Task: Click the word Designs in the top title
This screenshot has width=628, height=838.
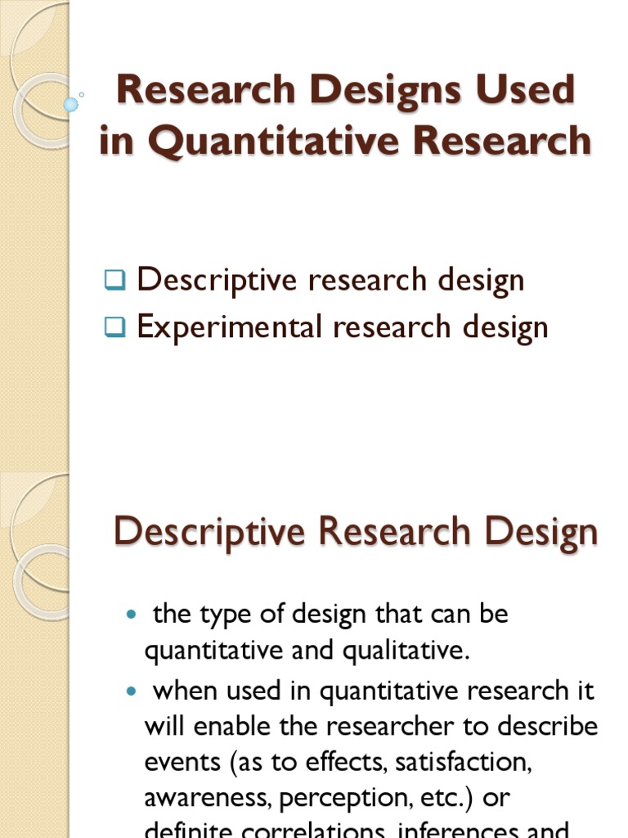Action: coord(360,90)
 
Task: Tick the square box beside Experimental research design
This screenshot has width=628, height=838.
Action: coord(114,329)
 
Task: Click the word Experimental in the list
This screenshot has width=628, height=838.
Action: coord(230,327)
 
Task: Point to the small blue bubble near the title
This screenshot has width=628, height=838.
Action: coord(71,105)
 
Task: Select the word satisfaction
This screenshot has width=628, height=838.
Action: coord(463,763)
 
